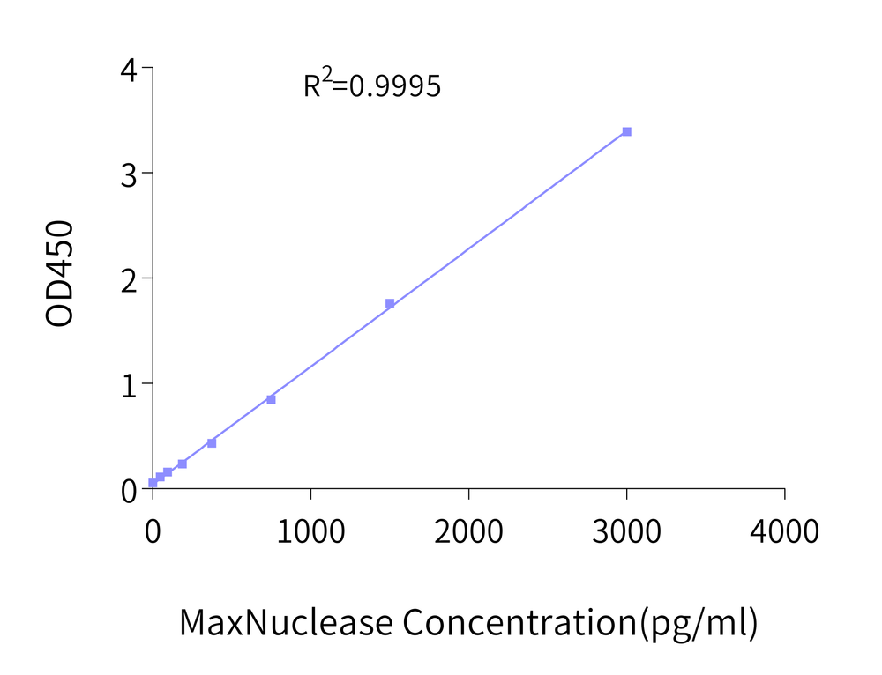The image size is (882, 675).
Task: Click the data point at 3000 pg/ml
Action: point(626,131)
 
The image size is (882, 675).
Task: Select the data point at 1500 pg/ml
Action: point(390,303)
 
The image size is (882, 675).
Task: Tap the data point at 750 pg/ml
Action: point(271,399)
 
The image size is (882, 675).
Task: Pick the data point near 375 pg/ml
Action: point(212,442)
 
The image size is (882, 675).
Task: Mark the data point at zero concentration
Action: point(153,483)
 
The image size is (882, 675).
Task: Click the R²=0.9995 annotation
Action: point(371,85)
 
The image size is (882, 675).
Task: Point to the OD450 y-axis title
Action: point(60,275)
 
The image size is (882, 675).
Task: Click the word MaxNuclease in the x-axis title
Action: point(286,622)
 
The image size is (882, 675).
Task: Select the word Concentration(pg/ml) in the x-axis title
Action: point(580,622)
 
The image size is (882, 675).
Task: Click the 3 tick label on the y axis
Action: point(129,174)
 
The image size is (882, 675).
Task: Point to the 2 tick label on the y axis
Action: point(129,278)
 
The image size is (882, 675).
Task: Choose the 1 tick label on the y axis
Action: point(129,383)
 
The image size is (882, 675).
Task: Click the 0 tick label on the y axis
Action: point(129,489)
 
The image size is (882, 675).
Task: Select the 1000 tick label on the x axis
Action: point(310,530)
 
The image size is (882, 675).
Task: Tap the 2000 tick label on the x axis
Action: point(468,530)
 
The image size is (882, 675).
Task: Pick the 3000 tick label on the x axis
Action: point(626,530)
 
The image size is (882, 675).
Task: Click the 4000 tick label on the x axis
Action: point(784,530)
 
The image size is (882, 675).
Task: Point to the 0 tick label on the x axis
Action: point(153,530)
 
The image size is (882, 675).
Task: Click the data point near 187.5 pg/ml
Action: point(182,464)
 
